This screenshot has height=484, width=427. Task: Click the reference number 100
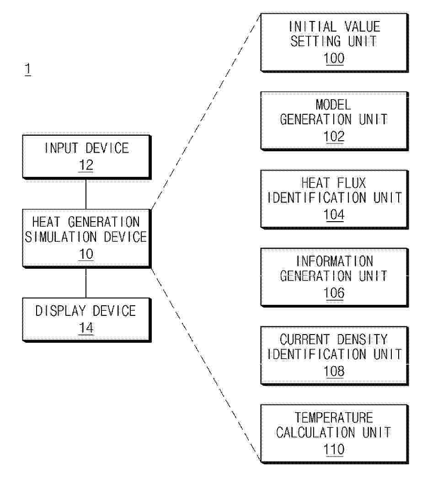pyautogui.click(x=334, y=58)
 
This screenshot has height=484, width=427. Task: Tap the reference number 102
pyautogui.click(x=334, y=136)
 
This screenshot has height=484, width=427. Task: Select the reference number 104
pyautogui.click(x=334, y=214)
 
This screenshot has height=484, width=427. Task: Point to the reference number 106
pyautogui.click(x=334, y=293)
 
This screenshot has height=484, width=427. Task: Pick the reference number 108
pyautogui.click(x=334, y=371)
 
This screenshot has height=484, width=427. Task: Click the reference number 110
pyautogui.click(x=334, y=449)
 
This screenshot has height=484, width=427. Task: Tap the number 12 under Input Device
pyautogui.click(x=86, y=165)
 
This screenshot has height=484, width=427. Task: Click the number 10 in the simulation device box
pyautogui.click(x=86, y=254)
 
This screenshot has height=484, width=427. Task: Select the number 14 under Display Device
pyautogui.click(x=86, y=328)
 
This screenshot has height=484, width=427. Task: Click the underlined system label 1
pyautogui.click(x=28, y=69)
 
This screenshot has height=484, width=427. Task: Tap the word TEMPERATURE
pyautogui.click(x=334, y=418)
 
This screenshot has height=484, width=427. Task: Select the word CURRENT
pyautogui.click(x=304, y=339)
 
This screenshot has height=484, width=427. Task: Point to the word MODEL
pyautogui.click(x=333, y=105)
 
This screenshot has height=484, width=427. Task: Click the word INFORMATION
pyautogui.click(x=335, y=261)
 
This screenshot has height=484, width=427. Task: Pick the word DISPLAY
pyautogui.click(x=60, y=311)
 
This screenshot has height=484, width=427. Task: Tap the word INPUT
pyautogui.click(x=61, y=148)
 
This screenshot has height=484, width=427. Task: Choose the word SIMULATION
pyautogui.click(x=61, y=237)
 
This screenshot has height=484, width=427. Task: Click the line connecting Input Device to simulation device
pyautogui.click(x=86, y=194)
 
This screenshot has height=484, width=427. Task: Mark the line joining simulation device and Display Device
pyautogui.click(x=86, y=283)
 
